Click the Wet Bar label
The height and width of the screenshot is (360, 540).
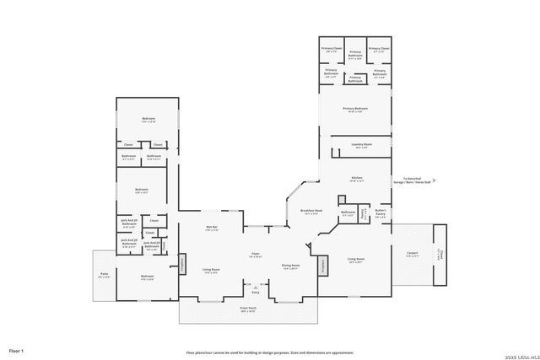point(213,228)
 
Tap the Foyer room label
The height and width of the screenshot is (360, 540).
point(254,254)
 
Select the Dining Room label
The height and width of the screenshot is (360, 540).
point(291,266)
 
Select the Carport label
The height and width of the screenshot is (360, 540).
point(412,253)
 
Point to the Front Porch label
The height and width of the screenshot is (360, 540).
point(248,309)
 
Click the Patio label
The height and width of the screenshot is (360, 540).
point(104,275)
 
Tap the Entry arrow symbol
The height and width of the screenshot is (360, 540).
point(252,288)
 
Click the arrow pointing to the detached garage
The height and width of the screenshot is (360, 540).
point(434,180)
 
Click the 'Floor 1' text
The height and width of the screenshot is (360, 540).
point(16,350)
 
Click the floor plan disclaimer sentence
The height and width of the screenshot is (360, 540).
point(270,352)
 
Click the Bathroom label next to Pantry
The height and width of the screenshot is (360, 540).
point(348,212)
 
